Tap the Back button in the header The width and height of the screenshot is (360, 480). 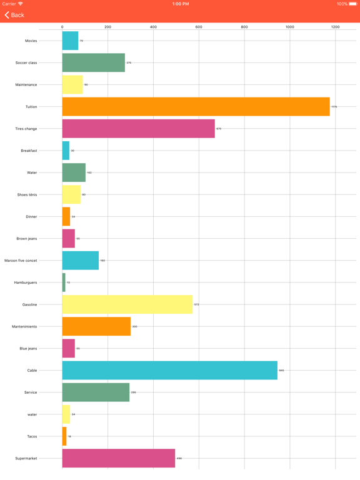[x=14, y=15]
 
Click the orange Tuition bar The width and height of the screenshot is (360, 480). [x=196, y=107]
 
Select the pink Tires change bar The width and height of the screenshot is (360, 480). [x=138, y=129]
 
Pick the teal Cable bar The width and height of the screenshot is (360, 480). [x=169, y=371]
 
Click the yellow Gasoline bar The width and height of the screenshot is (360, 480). [x=127, y=304]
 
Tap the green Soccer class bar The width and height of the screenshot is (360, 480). [x=93, y=62]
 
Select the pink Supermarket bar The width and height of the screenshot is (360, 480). [x=118, y=458]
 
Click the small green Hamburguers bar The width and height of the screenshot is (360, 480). [x=64, y=282]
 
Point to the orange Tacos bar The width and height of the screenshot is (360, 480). [x=64, y=436]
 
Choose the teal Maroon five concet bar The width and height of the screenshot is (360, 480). [x=80, y=261]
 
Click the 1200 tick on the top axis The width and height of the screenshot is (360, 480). [x=335, y=27]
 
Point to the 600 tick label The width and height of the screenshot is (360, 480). [x=199, y=27]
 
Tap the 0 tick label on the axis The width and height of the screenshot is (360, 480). [x=62, y=27]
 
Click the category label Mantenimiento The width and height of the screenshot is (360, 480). [x=24, y=327]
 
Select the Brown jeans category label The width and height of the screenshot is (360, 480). [x=27, y=239]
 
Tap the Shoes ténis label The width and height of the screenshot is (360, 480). [x=27, y=194]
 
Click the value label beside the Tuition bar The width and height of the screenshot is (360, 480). [x=334, y=107]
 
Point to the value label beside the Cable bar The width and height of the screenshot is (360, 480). [x=281, y=371]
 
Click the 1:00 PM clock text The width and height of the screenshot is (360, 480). [x=180, y=4]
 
